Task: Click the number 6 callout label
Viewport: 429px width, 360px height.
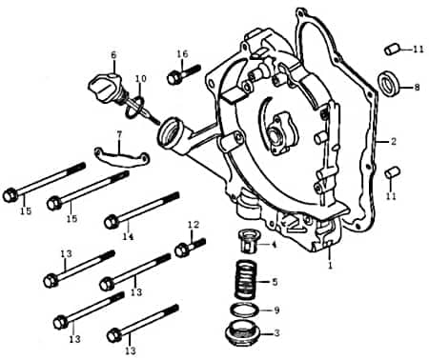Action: click(113, 54)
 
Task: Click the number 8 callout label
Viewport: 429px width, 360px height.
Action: click(416, 88)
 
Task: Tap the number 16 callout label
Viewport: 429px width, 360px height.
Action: click(182, 53)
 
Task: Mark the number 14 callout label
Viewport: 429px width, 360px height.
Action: click(129, 235)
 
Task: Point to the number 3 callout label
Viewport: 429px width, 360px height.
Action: click(276, 333)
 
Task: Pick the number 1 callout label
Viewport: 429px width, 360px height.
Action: click(330, 269)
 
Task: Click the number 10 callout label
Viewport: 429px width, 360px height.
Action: click(141, 78)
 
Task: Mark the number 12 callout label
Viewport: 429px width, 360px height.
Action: click(193, 225)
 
